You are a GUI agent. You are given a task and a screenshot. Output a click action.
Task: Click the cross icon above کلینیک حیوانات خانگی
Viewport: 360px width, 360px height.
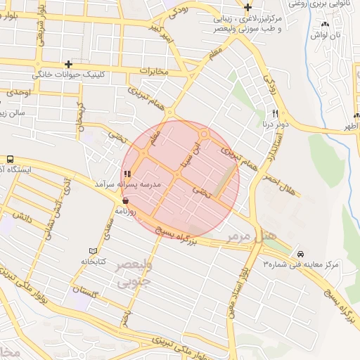click(x=68, y=64)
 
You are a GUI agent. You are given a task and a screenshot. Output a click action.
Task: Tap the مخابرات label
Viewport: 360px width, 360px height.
click(x=155, y=71)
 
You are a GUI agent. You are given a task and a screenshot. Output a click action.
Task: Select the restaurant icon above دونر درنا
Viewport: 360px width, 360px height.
click(x=276, y=114)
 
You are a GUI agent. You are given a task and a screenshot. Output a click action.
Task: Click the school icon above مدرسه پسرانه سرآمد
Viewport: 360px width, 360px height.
click(x=127, y=174)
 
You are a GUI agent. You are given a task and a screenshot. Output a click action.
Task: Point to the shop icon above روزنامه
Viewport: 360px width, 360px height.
click(x=125, y=200)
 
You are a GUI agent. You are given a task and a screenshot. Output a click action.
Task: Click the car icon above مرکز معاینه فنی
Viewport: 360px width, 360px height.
click(x=301, y=254)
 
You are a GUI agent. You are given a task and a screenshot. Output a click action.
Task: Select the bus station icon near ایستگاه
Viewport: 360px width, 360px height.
click(x=10, y=159)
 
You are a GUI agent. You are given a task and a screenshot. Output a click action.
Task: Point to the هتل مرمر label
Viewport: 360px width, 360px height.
click(x=263, y=234)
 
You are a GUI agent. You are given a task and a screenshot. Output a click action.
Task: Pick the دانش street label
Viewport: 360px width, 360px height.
click(x=23, y=219)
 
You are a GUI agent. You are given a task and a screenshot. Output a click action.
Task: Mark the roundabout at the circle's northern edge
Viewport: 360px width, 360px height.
click(x=205, y=134)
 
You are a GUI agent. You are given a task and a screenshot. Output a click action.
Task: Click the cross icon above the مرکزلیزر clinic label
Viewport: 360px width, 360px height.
click(x=247, y=8)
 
